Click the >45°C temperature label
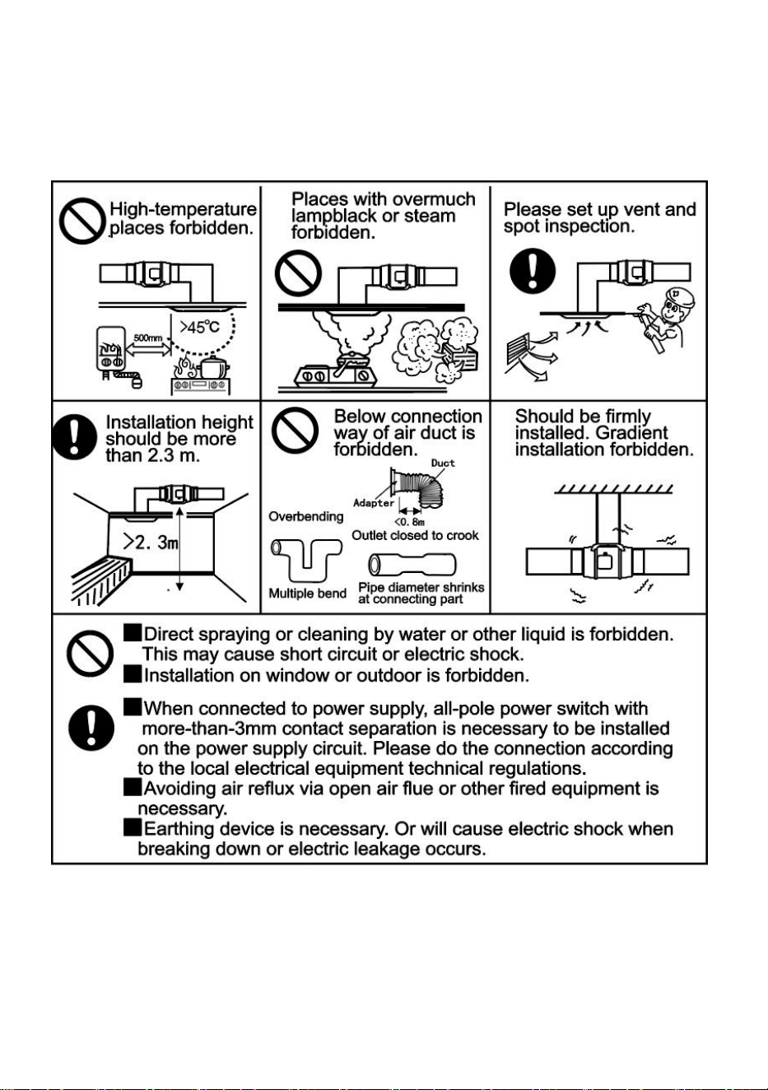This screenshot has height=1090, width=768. point(199,327)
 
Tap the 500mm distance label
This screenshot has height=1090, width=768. point(147,338)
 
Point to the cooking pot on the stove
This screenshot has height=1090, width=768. point(213,368)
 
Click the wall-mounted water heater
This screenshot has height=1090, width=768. point(112,349)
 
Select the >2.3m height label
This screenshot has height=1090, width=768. point(150,542)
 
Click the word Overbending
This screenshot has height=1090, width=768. point(306,516)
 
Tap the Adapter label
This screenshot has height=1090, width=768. point(373,503)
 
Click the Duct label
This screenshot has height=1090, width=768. point(443,463)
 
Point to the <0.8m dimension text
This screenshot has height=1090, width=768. point(409,522)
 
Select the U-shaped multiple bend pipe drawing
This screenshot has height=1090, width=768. point(306,560)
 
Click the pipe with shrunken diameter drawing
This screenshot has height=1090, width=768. point(412,565)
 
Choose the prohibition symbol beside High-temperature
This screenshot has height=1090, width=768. point(82,221)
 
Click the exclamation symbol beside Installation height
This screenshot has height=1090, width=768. point(74,437)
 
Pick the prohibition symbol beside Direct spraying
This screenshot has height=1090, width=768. point(91,654)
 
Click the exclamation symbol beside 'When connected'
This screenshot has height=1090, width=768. point(91,728)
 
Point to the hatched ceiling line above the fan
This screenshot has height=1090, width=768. point(614,490)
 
